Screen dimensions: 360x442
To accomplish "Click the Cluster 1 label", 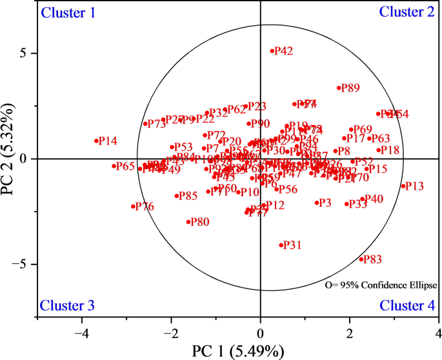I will (68, 12).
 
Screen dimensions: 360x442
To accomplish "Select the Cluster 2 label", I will (407, 12).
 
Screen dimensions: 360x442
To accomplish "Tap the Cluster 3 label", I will (68, 305).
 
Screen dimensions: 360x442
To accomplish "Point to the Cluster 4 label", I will (407, 306).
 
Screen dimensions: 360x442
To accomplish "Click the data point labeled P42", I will (272, 50).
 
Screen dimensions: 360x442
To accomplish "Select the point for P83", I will (361, 259).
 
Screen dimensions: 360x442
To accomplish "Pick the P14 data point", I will (96, 141).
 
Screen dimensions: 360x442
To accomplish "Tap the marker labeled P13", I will (403, 186).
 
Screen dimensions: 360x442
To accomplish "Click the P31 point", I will (281, 245).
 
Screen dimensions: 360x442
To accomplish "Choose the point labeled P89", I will (339, 88).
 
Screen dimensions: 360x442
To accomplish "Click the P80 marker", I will (189, 221).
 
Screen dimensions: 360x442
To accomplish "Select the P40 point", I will (363, 199).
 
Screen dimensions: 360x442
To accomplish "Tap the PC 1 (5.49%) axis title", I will (238, 352).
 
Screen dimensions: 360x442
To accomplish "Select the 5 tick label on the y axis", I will (24, 53).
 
